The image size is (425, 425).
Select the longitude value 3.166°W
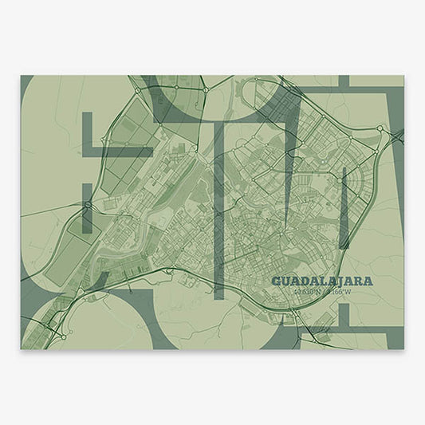click(x=337, y=291)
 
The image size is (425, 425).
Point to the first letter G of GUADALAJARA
click(x=277, y=281)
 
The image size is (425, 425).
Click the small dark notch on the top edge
click(x=344, y=81)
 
